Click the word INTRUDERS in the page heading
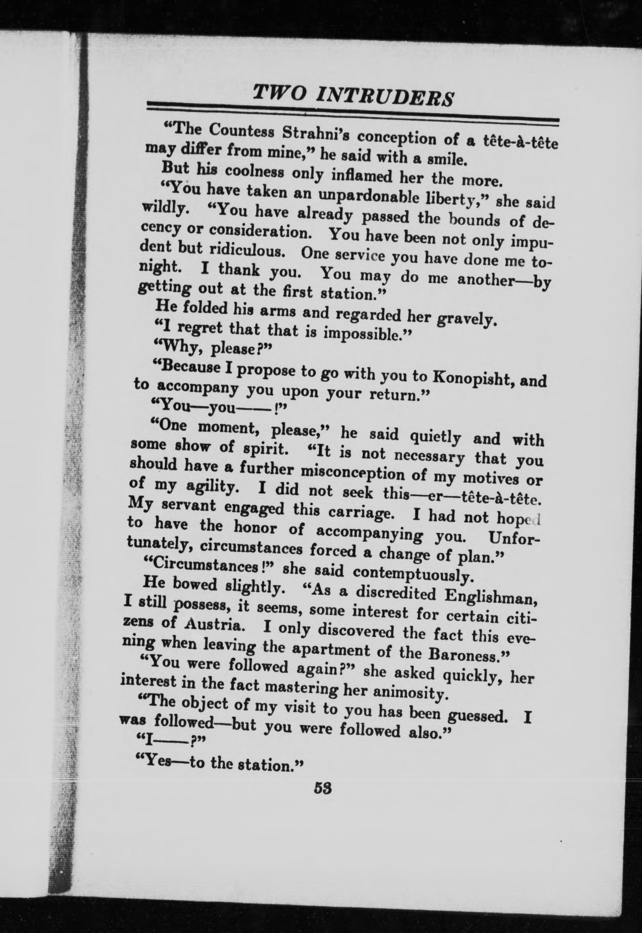(385, 97)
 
